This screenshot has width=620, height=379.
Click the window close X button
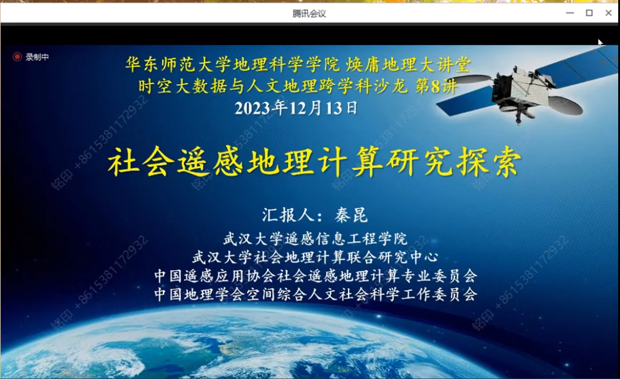point(609,13)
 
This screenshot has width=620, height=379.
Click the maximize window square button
point(589,13)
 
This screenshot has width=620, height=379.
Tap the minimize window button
point(570,13)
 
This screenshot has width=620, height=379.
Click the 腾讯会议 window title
point(309,14)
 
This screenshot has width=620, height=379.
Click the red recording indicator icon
point(17,57)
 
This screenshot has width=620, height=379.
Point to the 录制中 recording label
point(37,57)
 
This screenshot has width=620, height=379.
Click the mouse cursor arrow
point(600,42)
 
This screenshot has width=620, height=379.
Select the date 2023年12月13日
point(296,108)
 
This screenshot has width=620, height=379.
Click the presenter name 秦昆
point(351,215)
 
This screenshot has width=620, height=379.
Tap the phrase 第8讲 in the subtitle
point(436,86)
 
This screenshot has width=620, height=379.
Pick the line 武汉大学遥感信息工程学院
point(315,239)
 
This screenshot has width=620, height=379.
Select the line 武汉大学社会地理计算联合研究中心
point(315,257)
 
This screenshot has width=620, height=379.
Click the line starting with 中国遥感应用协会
point(315,276)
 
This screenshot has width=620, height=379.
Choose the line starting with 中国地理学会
point(315,294)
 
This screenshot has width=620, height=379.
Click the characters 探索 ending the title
point(489,162)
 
